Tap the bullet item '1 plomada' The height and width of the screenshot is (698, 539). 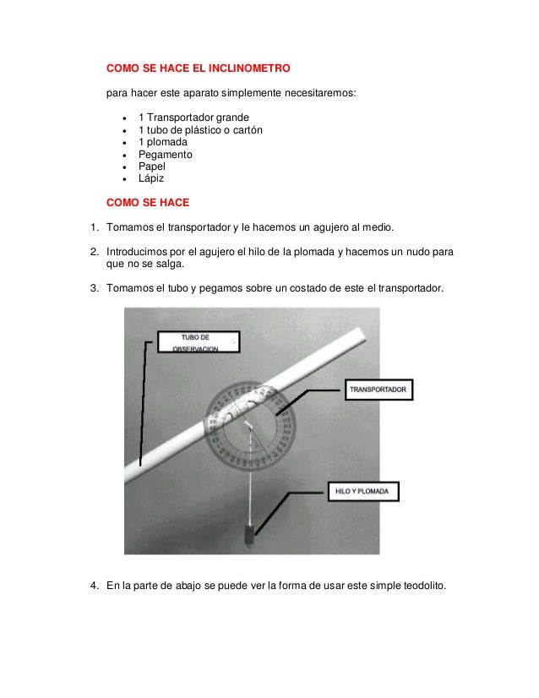click(x=163, y=142)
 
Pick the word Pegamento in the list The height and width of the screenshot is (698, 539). click(x=166, y=155)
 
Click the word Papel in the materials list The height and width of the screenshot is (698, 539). click(x=153, y=167)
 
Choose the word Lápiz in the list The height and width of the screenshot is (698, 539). click(x=151, y=180)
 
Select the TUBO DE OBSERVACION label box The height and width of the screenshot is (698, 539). click(x=198, y=341)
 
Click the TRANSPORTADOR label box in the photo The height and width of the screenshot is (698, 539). click(x=378, y=390)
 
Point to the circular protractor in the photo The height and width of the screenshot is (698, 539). click(x=251, y=426)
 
